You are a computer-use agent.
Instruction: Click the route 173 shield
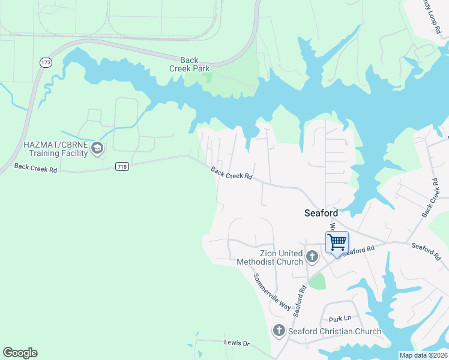(x=46, y=62)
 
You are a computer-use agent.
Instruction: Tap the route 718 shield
(x=122, y=166)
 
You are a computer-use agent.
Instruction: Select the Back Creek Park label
(x=188, y=64)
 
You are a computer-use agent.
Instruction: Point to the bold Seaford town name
(x=321, y=213)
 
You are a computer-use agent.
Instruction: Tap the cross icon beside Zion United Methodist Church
(x=312, y=257)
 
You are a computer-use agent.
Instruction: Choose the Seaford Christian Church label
(x=334, y=331)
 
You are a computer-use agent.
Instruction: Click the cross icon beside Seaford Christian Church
(x=279, y=331)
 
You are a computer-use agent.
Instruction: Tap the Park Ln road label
(x=339, y=318)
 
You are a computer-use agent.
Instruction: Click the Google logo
(x=20, y=353)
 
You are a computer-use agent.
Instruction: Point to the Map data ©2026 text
(x=423, y=355)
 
